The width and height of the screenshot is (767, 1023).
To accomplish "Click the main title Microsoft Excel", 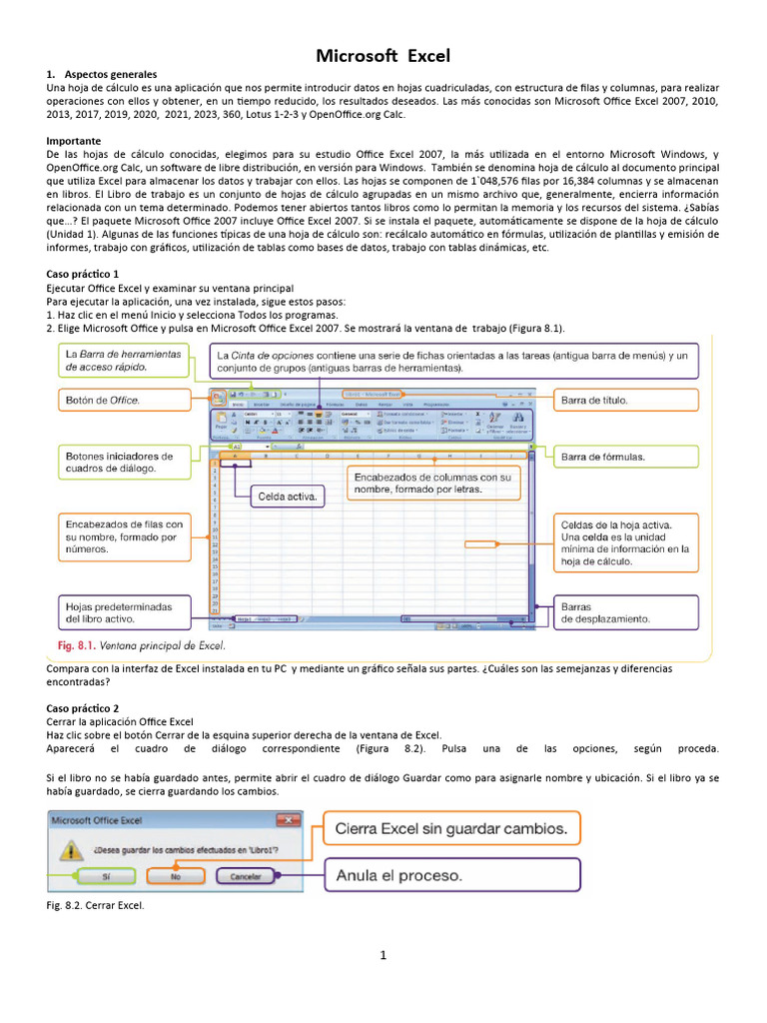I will (x=383, y=56).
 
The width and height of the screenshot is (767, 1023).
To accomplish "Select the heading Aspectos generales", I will (x=110, y=75).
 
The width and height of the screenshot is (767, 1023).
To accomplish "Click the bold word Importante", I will (x=75, y=141).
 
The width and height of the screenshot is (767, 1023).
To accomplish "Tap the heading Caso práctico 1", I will (x=83, y=273).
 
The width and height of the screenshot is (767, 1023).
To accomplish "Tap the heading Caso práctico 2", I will (x=83, y=707).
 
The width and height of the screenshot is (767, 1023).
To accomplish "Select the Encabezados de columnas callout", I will (x=433, y=484).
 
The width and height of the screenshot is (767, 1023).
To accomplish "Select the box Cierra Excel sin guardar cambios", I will (x=450, y=828).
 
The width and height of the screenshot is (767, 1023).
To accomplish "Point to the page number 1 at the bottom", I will (x=383, y=955).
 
